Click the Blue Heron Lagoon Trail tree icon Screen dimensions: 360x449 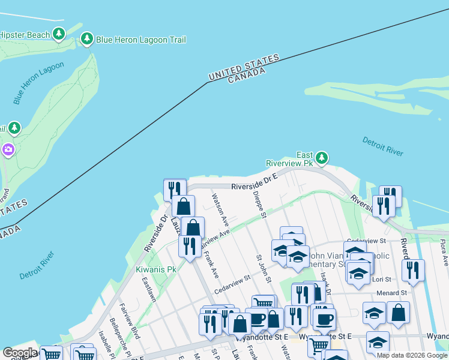[87, 40]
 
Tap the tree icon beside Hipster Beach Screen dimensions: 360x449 [59, 34]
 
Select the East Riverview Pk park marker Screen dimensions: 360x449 [322, 158]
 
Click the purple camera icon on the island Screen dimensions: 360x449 [8, 149]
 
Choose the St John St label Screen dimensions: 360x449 [264, 269]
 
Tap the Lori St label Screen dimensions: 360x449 [382, 280]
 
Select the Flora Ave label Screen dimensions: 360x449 [444, 253]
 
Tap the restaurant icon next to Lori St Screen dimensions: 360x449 [413, 270]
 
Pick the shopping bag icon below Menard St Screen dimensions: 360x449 [398, 313]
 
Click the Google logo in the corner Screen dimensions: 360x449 [20, 353]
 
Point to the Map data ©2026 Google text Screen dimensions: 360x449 [412, 355]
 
